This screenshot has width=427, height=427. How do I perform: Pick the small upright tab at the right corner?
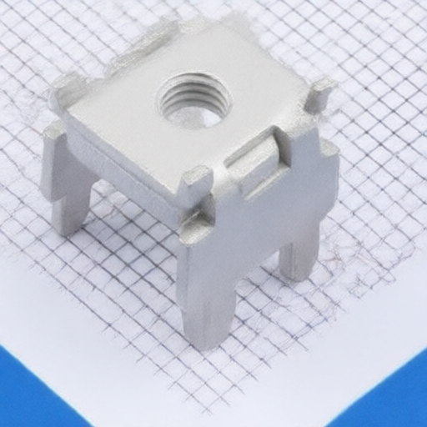(319, 97)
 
